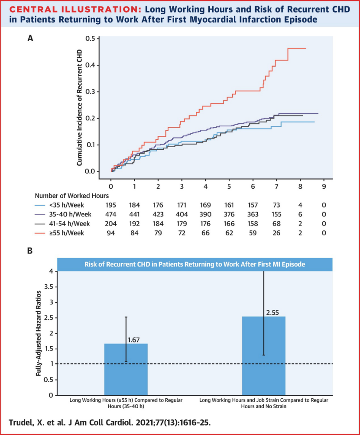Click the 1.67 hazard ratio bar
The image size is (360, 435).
click(126, 369)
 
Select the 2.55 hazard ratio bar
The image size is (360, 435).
click(263, 355)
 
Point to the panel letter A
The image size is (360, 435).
click(30, 38)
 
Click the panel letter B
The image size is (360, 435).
click(30, 251)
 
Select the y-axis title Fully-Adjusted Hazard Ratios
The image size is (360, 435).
click(39, 334)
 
